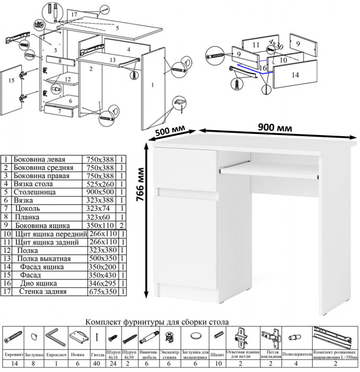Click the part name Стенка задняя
tap(43, 291)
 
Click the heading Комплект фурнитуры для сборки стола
tap(158, 322)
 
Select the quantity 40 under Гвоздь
tap(97, 364)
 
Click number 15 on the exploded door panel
tap(10, 81)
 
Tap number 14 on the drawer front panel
tap(295, 75)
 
